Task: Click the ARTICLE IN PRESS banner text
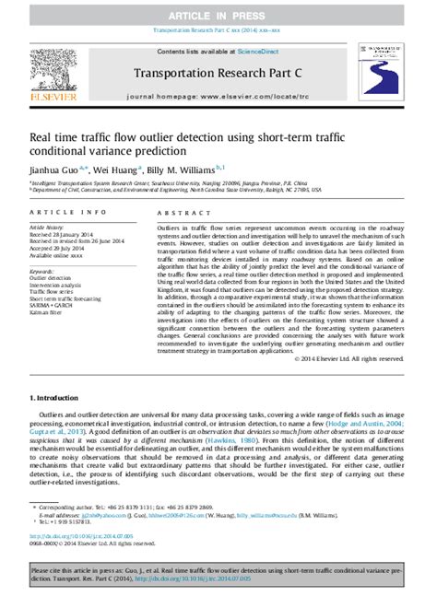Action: tap(218, 17)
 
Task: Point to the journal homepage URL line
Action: tap(218, 95)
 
